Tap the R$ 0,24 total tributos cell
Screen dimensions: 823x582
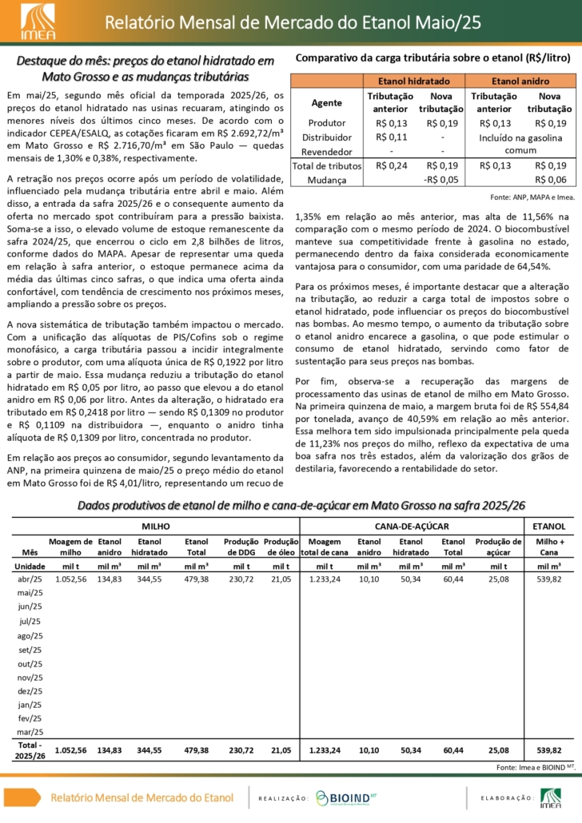point(391,165)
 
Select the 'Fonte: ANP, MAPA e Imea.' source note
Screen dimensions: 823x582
point(531,197)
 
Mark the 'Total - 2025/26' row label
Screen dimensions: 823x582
point(30,750)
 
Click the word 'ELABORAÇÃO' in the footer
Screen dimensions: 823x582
point(507,797)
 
